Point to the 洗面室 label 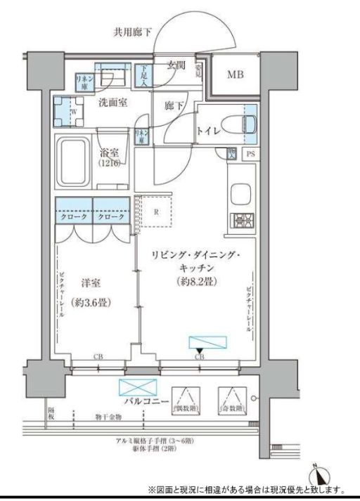112,103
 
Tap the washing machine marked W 72,112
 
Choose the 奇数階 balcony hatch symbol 232,401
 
